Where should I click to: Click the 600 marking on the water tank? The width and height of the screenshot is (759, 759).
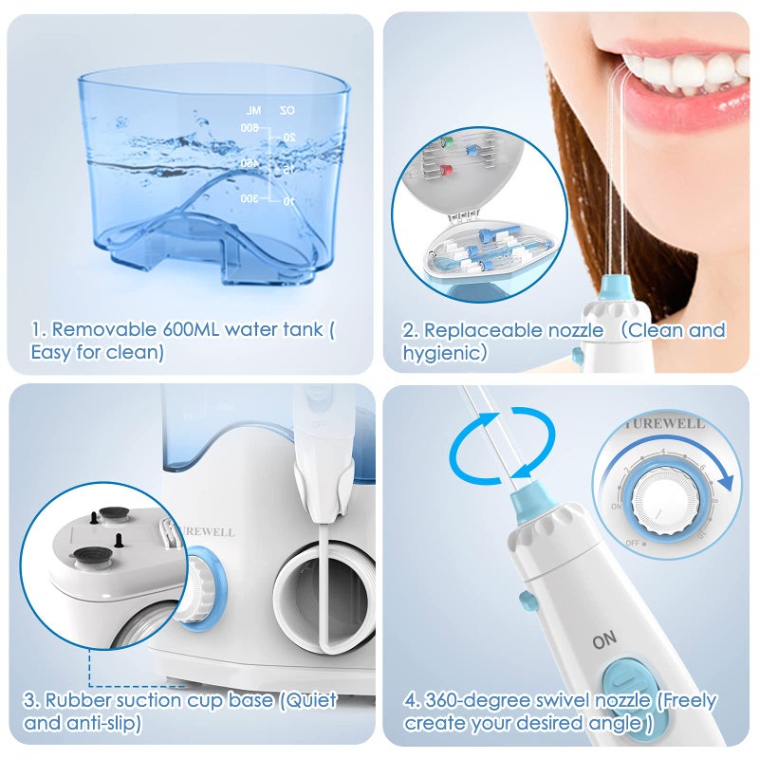coord(250,127)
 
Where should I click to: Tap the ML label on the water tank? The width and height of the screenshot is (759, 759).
coord(252,110)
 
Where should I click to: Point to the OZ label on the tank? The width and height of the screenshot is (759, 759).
coord(286,110)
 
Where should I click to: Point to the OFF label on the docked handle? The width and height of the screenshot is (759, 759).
coord(318,424)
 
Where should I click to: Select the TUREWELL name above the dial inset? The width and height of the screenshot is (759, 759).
coord(665,423)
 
